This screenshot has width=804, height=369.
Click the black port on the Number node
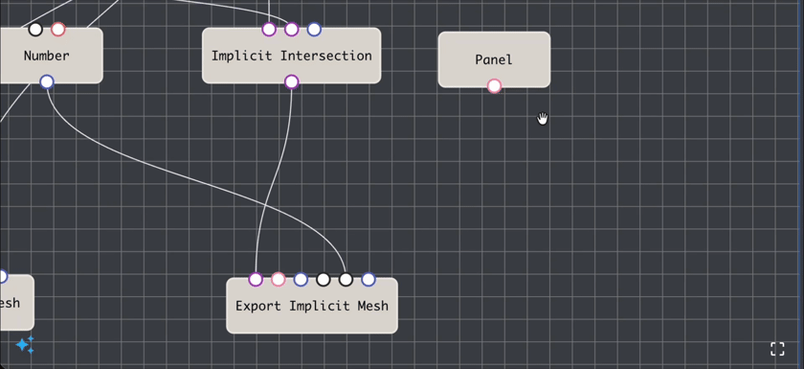(35, 30)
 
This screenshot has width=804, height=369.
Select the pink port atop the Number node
(58, 30)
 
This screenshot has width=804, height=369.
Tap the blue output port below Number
(47, 81)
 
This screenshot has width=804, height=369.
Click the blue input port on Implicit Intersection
(314, 30)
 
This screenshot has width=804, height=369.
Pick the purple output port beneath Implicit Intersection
(292, 82)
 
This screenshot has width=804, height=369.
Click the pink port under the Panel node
(494, 86)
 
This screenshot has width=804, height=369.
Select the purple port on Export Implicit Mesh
(256, 280)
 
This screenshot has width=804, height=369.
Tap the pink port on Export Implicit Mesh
(278, 280)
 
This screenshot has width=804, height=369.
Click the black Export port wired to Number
(346, 280)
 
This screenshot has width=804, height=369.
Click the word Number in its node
(47, 56)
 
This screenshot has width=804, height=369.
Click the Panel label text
(494, 59)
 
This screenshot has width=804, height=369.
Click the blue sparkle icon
(25, 344)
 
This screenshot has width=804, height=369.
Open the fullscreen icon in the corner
(777, 349)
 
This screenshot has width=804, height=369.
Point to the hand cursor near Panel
(543, 118)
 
